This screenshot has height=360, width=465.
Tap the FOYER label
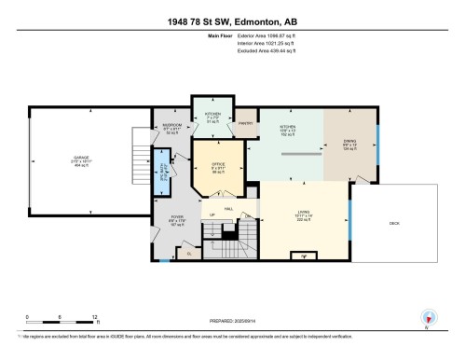coord(176,217)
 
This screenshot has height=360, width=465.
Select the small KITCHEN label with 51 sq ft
coord(212,115)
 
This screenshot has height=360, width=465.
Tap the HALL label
coord(226,209)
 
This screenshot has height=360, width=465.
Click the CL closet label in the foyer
coord(187,253)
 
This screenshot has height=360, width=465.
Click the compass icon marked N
coord(428,317)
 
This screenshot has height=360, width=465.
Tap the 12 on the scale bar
coord(95,317)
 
